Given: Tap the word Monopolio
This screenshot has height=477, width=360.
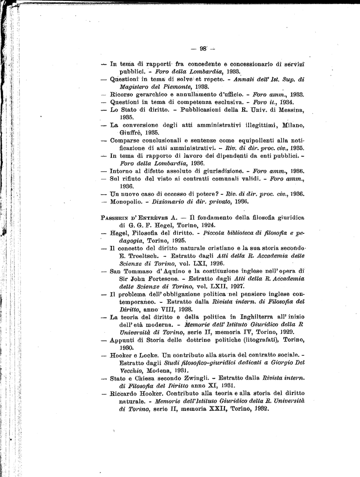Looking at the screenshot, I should [126, 202].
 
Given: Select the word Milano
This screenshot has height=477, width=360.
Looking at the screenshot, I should [293, 125].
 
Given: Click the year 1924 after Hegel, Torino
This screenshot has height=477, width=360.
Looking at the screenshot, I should [204, 225].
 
